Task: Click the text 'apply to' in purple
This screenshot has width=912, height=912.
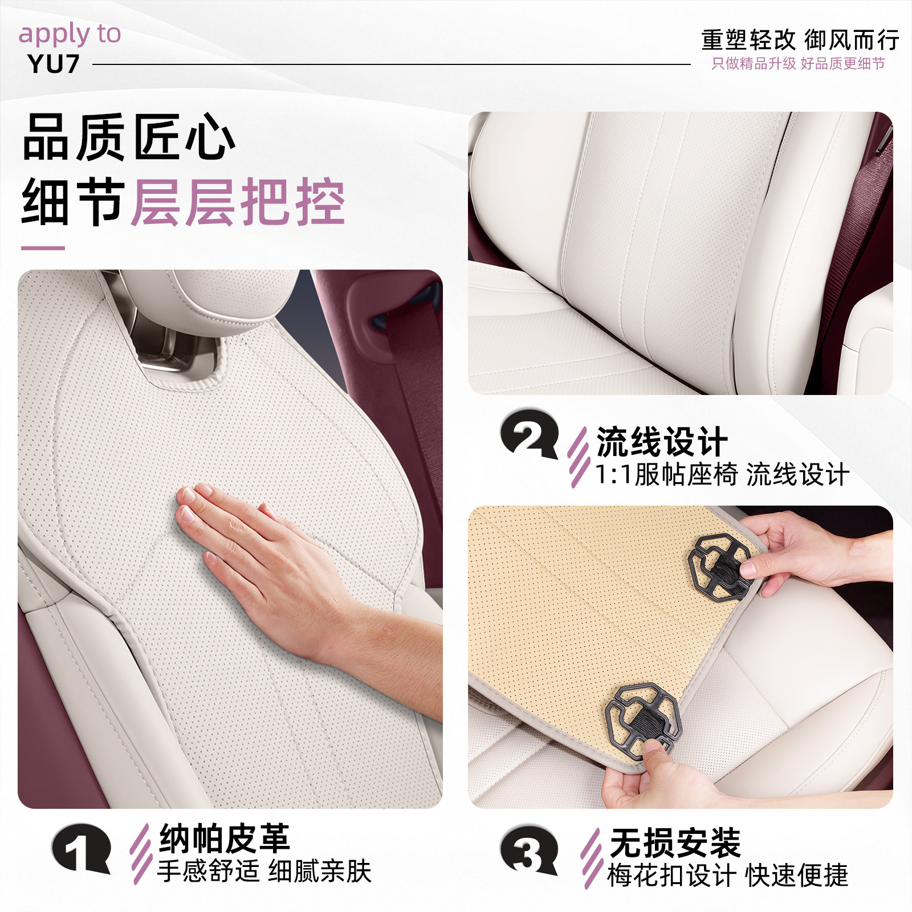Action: click(70, 34)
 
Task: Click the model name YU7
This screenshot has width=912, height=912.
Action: click(53, 64)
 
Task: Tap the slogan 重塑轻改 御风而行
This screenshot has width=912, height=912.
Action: click(800, 40)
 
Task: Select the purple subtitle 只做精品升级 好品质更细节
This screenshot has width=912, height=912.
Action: click(798, 64)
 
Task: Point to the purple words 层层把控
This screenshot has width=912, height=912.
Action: click(238, 202)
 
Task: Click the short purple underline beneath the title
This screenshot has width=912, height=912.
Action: click(43, 248)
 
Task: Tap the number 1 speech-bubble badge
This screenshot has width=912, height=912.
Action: click(81, 848)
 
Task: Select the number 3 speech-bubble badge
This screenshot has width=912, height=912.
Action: click(529, 850)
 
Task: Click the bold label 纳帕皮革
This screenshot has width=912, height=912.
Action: click(225, 838)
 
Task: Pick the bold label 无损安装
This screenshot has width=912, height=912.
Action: click(675, 842)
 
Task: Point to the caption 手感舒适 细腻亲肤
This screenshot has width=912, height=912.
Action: click(264, 871)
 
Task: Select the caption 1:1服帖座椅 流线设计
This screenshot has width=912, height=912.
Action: click(722, 474)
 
